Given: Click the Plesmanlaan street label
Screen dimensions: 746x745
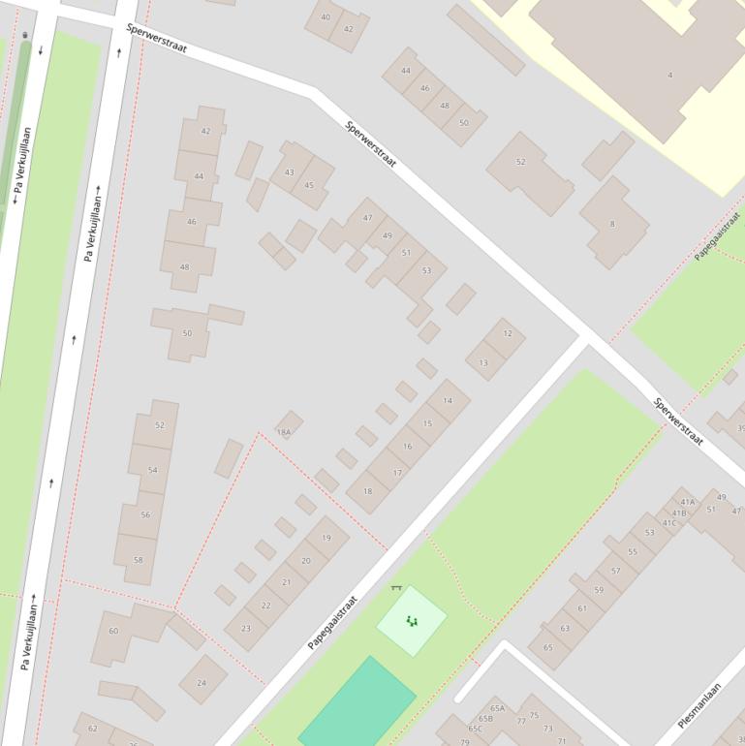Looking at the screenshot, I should [x=698, y=705].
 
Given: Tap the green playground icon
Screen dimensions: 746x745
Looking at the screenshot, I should [x=412, y=621].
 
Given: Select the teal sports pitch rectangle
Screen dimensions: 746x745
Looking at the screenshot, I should [x=357, y=703].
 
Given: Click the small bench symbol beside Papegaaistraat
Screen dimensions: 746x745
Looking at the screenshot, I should [x=395, y=587].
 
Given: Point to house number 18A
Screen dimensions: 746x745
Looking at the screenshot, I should [x=284, y=432].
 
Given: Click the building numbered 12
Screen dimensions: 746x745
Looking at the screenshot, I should [x=508, y=333].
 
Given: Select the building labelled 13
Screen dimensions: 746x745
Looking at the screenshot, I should [x=483, y=363].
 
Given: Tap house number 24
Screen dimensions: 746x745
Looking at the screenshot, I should [x=202, y=682].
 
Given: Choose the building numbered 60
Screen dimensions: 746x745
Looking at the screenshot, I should [x=113, y=631].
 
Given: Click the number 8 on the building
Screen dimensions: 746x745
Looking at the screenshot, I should [x=612, y=225].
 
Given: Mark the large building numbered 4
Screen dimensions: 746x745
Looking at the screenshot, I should [x=668, y=75].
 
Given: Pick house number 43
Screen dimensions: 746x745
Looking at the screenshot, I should [x=289, y=172].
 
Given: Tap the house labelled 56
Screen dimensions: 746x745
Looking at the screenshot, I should [x=145, y=514].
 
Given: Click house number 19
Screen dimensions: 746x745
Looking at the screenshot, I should [x=326, y=538].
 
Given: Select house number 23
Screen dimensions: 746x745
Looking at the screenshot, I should [x=246, y=629].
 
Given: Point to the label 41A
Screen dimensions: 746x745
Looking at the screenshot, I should [x=687, y=502].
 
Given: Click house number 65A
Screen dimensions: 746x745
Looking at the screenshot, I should [x=498, y=708].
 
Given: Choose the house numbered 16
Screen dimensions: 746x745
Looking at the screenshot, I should [x=408, y=447].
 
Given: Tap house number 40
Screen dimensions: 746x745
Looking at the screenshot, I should [x=325, y=17].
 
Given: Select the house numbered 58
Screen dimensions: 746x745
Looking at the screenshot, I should [x=138, y=560].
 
